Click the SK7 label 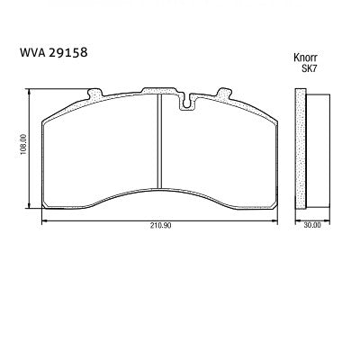coord(310,67)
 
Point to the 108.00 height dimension coord(22,147)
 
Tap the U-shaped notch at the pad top coord(188,102)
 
